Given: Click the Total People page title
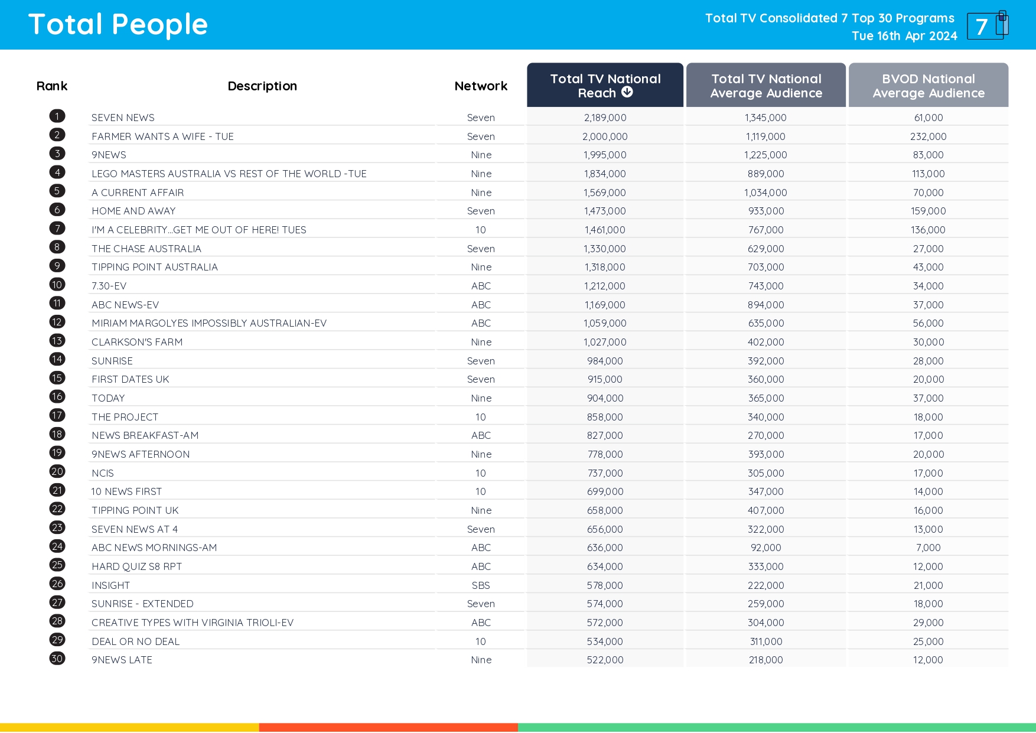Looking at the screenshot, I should [118, 25].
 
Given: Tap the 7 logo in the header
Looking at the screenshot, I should [987, 25].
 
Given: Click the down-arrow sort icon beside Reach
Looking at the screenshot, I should [627, 92].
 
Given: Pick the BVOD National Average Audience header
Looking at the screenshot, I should [928, 86].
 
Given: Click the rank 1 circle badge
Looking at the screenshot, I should [57, 116].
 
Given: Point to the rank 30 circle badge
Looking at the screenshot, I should [57, 659].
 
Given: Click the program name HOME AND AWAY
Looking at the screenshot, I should [133, 211].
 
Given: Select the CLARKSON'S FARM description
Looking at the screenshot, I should [137, 342].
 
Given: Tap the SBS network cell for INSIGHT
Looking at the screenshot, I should [481, 585].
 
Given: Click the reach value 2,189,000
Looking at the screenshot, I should [605, 118].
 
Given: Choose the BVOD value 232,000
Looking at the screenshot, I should [928, 136].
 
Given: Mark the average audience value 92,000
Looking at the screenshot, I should [765, 548].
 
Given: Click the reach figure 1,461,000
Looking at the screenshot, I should [605, 230].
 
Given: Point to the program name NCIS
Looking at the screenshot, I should [103, 473].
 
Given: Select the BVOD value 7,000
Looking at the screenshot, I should [928, 548].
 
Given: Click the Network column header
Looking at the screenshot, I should [481, 86].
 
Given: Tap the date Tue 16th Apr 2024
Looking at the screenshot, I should [904, 36].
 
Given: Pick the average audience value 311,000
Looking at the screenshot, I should [765, 641].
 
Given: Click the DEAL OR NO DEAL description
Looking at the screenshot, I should [135, 641].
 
